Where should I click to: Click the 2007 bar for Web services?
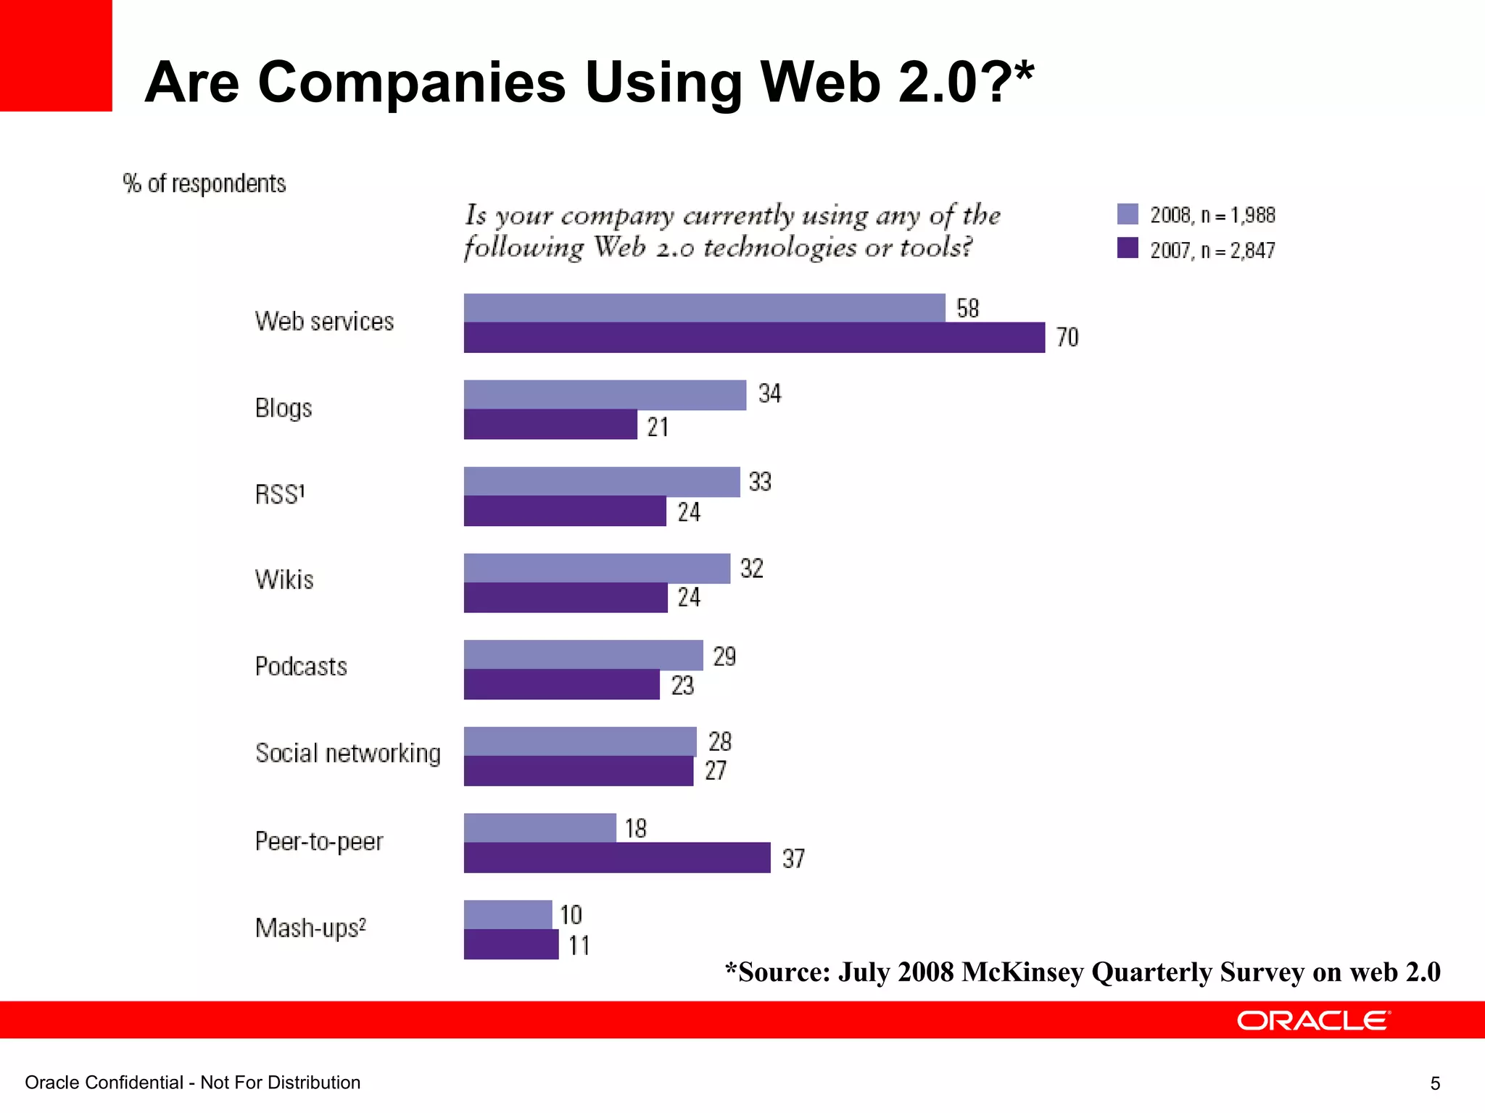click(x=754, y=338)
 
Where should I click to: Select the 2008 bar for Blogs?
click(x=605, y=395)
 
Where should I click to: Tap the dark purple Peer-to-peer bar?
click(x=616, y=858)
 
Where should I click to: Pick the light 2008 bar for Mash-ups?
click(x=508, y=914)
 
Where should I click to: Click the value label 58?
click(x=967, y=309)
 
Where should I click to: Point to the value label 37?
click(x=793, y=859)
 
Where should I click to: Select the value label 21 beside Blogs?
click(x=658, y=427)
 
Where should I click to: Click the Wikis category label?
click(x=284, y=580)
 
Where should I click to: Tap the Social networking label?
click(x=348, y=754)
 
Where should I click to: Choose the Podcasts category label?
click(x=301, y=667)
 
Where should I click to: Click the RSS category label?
click(x=280, y=495)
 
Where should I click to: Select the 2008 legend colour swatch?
click(x=1128, y=214)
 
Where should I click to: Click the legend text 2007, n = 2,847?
click(x=1212, y=251)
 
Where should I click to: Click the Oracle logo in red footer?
click(x=1313, y=1021)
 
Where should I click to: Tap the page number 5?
click(x=1435, y=1083)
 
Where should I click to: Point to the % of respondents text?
click(x=204, y=184)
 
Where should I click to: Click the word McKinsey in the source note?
click(x=1022, y=972)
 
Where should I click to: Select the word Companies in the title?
click(x=411, y=82)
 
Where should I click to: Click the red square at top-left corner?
click(x=56, y=55)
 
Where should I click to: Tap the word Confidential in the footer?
click(x=133, y=1083)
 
